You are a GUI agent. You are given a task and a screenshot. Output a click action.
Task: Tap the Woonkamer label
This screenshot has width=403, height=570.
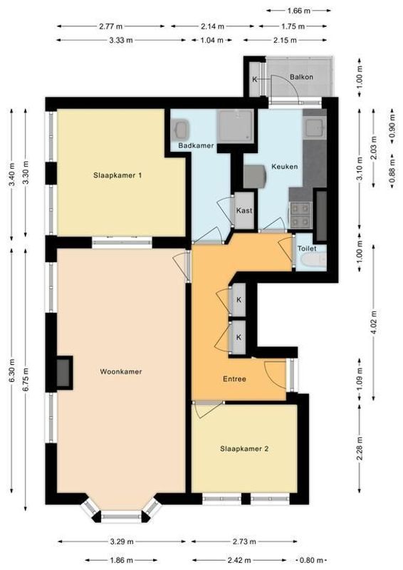[x=120, y=371]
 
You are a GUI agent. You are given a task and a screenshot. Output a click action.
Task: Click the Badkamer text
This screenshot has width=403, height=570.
[x=196, y=145]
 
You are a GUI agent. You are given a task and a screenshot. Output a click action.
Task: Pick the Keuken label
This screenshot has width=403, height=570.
[x=284, y=166]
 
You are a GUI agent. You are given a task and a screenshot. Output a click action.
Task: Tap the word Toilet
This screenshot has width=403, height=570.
[x=307, y=249]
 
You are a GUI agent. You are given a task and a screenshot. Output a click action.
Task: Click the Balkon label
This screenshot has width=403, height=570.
[x=302, y=77]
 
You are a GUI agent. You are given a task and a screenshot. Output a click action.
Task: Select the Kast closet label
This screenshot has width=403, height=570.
[x=244, y=211]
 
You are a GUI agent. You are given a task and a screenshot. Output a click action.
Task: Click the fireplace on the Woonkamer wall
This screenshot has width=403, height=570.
[x=64, y=372]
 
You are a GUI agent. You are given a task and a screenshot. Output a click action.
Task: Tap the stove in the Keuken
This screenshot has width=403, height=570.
[x=300, y=210]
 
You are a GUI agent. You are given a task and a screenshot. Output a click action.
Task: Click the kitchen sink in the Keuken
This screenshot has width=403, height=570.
[x=312, y=128]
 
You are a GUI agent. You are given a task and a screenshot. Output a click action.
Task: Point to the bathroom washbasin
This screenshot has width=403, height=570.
[x=180, y=130]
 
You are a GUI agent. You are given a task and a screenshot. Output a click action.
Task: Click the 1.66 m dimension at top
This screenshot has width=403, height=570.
[x=298, y=11]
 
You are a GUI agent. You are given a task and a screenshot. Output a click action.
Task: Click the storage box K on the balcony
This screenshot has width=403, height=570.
[x=255, y=78]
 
